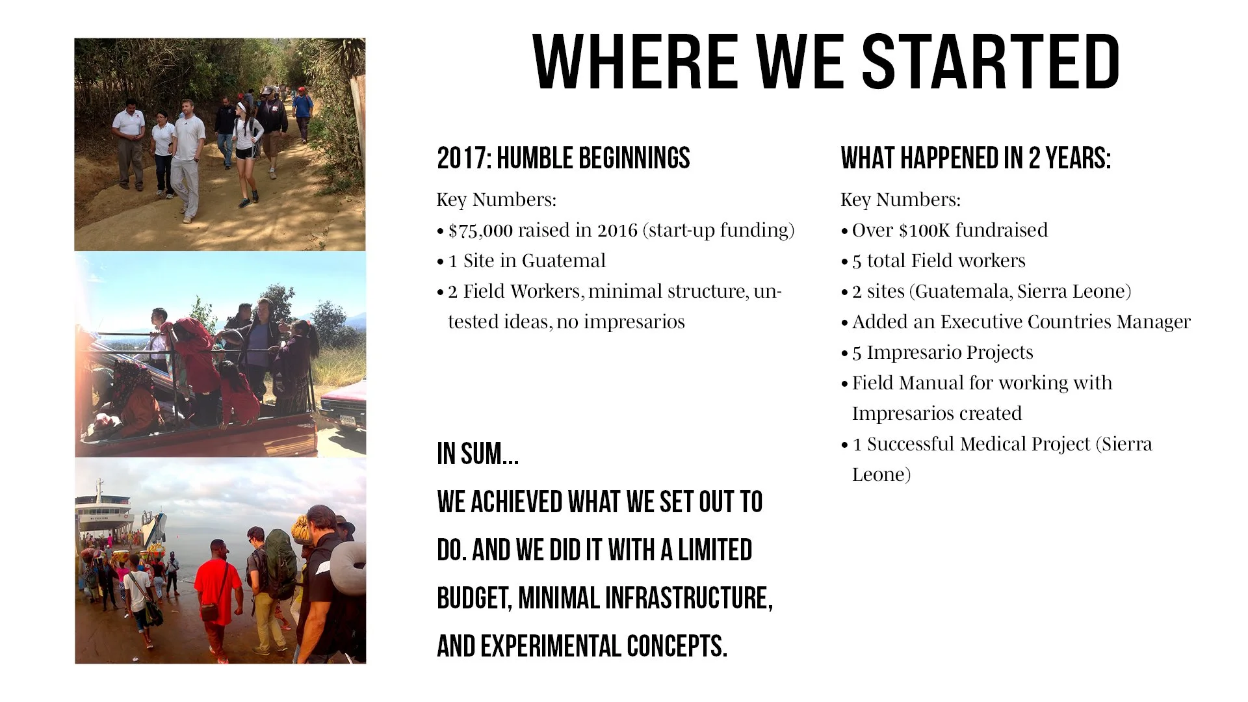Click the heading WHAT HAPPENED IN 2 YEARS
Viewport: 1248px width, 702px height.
point(976,158)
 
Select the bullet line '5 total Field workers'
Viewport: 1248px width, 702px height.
point(939,261)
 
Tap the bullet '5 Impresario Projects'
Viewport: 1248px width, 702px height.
point(942,352)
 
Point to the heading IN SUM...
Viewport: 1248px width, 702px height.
point(478,453)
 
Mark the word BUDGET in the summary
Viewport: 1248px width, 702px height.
point(473,598)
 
